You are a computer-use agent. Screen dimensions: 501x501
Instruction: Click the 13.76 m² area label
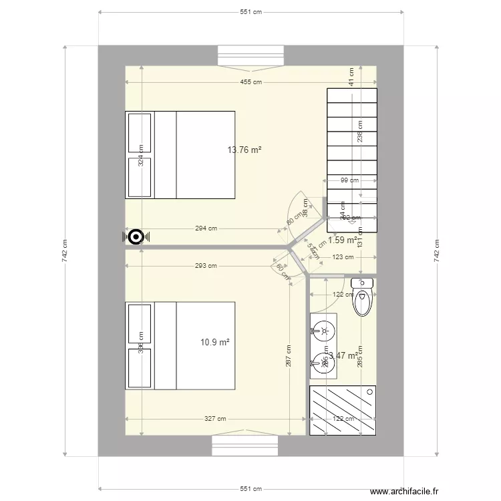tap(244, 150)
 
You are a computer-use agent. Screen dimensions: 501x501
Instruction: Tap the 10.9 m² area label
tap(215, 342)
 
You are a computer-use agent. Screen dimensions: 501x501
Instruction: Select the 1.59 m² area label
tap(342, 240)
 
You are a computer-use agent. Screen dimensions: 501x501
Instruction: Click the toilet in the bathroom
tap(363, 297)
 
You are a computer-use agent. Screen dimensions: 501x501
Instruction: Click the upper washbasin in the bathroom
tap(324, 329)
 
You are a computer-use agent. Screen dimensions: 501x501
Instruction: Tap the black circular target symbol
tap(136, 236)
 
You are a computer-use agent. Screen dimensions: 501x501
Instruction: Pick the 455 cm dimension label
tap(251, 82)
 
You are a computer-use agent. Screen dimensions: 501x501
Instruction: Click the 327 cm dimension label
tap(215, 420)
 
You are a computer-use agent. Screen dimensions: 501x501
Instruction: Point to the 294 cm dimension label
tap(206, 228)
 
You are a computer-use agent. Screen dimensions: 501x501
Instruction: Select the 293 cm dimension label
tap(206, 266)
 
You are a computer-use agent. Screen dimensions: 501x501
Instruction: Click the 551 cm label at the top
tap(251, 12)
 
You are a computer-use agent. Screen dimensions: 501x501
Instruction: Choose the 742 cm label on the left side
tap(65, 251)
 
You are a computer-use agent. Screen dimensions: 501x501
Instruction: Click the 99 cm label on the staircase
tap(349, 180)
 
